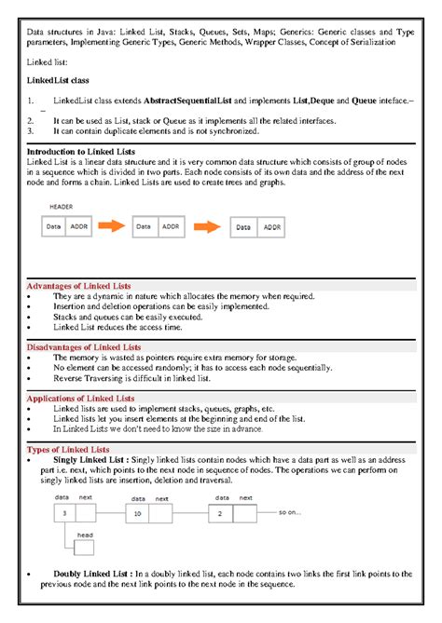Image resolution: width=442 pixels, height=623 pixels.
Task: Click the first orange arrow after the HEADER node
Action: point(112,225)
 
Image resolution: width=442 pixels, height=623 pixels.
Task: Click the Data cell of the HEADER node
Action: point(54,225)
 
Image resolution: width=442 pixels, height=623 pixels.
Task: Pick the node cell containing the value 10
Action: point(138,513)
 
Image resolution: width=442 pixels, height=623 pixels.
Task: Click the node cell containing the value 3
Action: point(63,513)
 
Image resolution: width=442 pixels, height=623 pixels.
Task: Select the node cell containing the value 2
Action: point(219,513)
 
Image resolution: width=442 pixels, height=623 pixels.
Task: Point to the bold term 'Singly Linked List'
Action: point(91,460)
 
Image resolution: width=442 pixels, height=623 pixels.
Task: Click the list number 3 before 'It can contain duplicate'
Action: point(30,131)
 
